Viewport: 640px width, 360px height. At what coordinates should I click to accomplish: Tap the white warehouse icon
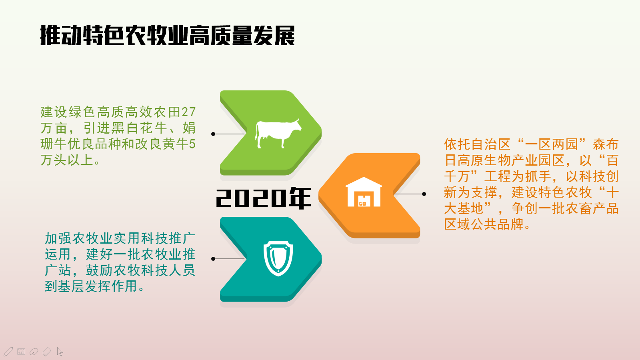click(364, 192)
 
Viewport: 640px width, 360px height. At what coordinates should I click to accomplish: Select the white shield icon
click(278, 258)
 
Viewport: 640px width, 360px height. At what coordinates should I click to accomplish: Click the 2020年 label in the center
click(263, 198)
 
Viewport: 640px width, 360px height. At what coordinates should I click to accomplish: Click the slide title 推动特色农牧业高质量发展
click(168, 36)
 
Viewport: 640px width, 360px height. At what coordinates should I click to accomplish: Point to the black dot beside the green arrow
click(213, 134)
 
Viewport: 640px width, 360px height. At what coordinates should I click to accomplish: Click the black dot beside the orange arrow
click(424, 194)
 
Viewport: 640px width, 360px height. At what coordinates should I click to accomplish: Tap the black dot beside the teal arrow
click(213, 259)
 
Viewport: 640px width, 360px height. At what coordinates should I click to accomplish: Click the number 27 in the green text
click(188, 112)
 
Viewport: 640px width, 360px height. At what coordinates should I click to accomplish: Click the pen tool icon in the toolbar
click(8, 352)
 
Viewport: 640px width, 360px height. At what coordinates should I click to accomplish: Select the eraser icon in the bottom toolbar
click(46, 352)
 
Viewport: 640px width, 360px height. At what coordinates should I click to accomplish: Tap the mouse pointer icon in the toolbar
click(60, 352)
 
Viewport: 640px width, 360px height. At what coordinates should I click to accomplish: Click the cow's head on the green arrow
click(296, 126)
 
